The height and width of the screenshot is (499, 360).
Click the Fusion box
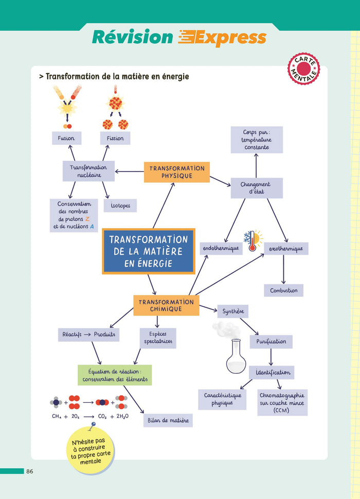point(66,138)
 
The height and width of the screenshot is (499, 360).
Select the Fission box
point(115,138)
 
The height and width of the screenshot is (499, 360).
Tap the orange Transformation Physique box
point(177,172)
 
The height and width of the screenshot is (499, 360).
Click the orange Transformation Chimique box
point(166,305)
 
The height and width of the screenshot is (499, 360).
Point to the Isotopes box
point(120,206)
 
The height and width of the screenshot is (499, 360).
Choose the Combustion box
point(284,290)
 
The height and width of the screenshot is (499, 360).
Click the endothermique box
point(221,249)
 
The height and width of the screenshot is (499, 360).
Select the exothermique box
point(286,249)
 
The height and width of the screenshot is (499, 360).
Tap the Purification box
point(271,342)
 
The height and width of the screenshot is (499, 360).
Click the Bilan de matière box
point(168,420)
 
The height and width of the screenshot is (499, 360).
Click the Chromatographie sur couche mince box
point(282,402)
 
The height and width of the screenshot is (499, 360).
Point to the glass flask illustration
point(236,355)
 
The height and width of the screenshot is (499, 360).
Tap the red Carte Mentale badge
point(303,68)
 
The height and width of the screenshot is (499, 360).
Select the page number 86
point(30,471)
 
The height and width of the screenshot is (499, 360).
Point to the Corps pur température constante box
point(257,140)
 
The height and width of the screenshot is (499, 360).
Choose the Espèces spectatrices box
point(158,338)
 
